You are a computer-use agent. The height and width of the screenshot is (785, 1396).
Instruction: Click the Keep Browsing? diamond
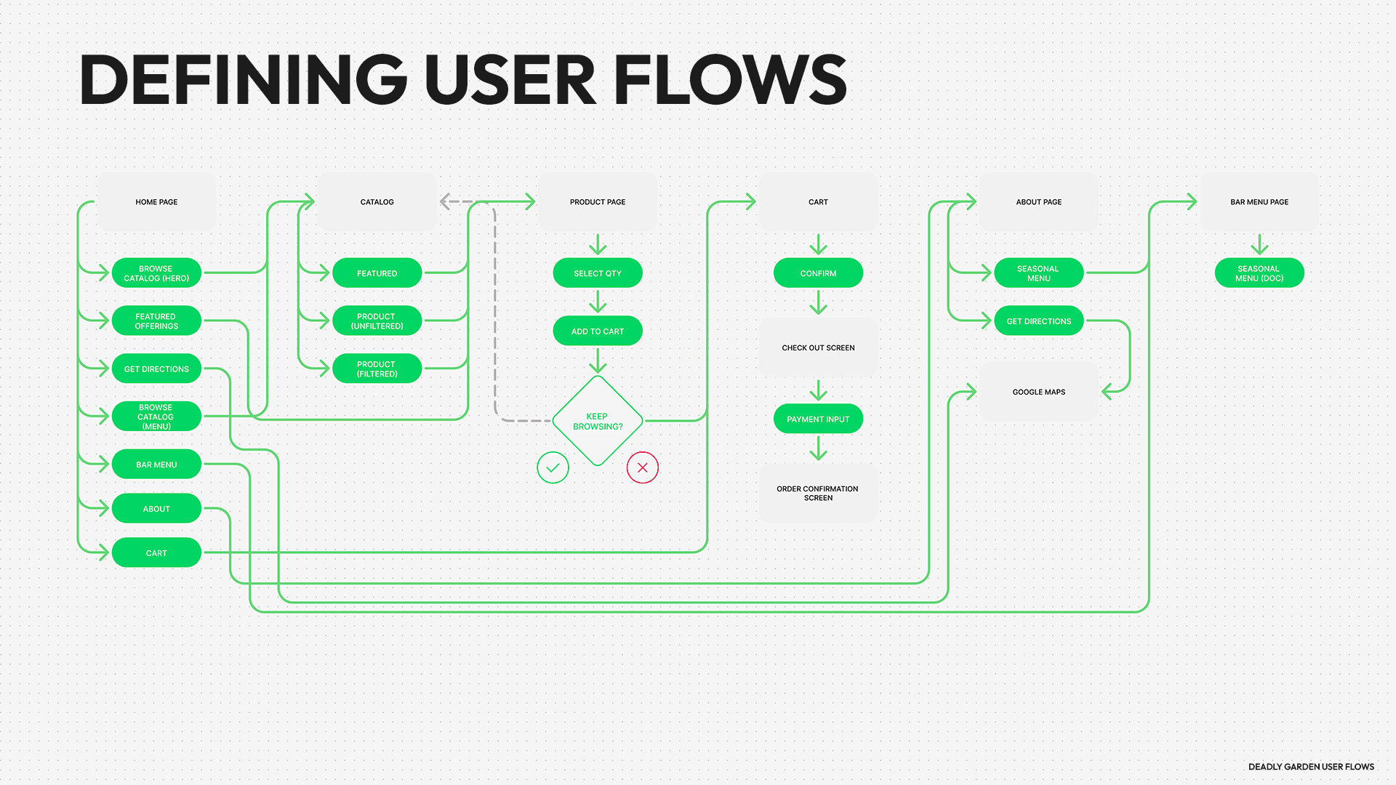click(x=598, y=421)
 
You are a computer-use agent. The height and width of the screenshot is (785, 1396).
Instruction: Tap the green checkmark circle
click(x=553, y=467)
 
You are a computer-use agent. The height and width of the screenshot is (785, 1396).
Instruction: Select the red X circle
click(x=643, y=467)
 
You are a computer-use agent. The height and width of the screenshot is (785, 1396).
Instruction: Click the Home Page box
click(x=156, y=202)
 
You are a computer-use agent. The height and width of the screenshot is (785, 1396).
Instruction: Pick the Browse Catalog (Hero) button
click(x=156, y=273)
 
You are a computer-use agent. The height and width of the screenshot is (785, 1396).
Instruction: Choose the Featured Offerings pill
click(x=156, y=321)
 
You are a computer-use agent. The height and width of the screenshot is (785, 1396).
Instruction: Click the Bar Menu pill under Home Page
click(x=156, y=464)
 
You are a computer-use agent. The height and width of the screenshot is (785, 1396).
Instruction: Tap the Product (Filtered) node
click(x=377, y=369)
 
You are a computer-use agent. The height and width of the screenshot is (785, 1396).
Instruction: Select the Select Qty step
click(x=598, y=273)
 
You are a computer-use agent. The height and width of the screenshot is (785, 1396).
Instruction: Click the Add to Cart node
click(x=598, y=331)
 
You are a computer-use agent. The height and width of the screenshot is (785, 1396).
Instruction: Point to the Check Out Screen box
click(x=818, y=348)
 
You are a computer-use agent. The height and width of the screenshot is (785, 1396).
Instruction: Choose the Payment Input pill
click(x=818, y=419)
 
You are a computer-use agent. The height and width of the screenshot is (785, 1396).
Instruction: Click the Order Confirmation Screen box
click(x=818, y=494)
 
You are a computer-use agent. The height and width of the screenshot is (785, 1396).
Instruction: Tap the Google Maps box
click(x=1038, y=392)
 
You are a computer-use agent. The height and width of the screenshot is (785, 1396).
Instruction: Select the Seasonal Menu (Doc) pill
click(x=1259, y=273)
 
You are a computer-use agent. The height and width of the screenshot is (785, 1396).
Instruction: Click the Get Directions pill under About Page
click(x=1038, y=321)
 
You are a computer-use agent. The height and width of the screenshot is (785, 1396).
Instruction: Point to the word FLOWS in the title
click(x=730, y=80)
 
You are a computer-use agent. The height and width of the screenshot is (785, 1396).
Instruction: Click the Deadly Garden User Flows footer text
click(x=1311, y=767)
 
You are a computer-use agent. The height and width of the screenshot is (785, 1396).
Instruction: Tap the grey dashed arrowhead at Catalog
click(x=446, y=202)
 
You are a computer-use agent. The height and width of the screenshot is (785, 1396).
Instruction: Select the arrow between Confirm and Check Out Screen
click(x=818, y=302)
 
